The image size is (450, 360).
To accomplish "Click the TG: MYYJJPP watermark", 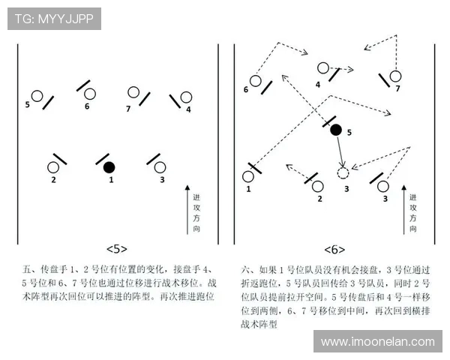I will click(x=54, y=19).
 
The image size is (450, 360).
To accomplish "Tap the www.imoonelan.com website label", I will click(x=377, y=341).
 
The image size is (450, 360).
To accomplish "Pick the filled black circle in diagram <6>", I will click(x=336, y=130).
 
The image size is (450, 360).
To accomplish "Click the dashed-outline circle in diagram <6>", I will click(x=343, y=173).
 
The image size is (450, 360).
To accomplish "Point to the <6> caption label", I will click(x=334, y=248).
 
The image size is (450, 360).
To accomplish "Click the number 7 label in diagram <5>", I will click(x=128, y=109).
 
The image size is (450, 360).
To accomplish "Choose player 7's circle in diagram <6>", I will click(x=395, y=76).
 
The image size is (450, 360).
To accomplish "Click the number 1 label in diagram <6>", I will click(x=248, y=190).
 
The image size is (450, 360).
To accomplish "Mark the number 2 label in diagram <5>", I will click(x=53, y=180).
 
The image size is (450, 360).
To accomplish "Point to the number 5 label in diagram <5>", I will click(x=28, y=104).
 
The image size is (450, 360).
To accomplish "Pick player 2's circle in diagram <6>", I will click(x=318, y=186).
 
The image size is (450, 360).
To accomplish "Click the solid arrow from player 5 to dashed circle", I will click(x=340, y=152).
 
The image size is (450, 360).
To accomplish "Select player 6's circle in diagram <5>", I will click(x=90, y=94).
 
